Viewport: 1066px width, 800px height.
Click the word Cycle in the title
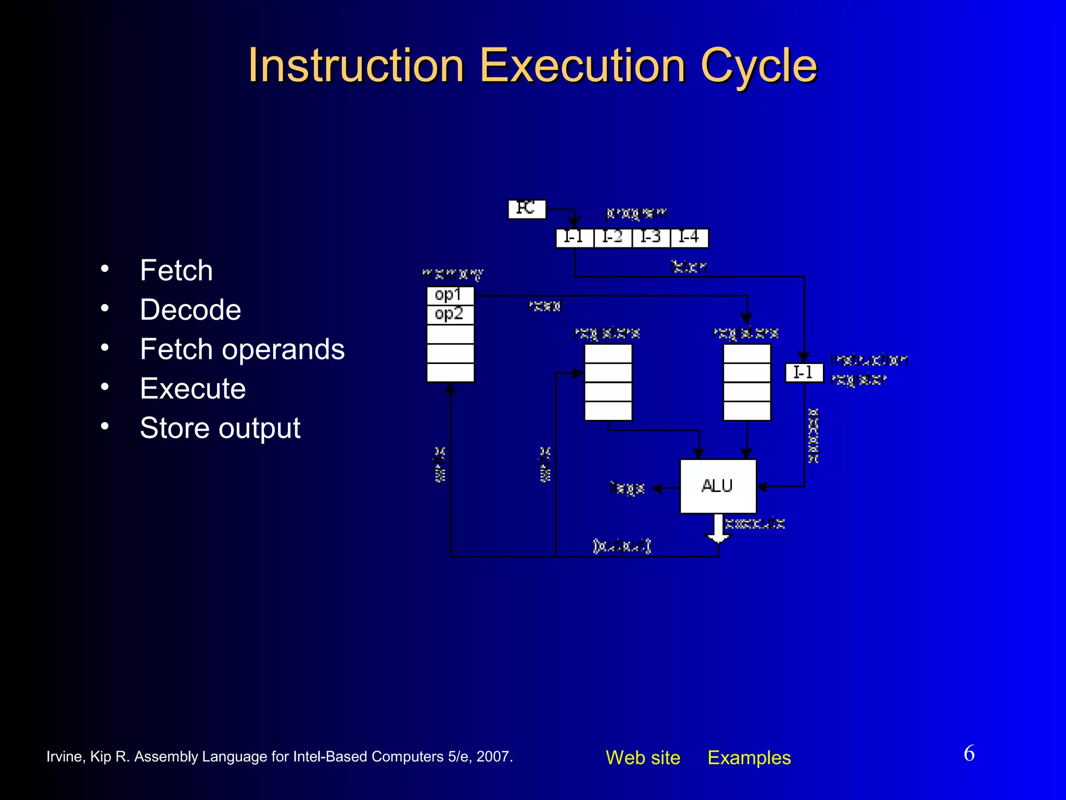point(758,66)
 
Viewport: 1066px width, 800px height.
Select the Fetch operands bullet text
point(242,349)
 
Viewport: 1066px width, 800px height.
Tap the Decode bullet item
point(191,310)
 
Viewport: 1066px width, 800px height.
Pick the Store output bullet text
point(220,428)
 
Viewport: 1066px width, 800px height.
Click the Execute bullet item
point(193,389)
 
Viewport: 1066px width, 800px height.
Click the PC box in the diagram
point(526,209)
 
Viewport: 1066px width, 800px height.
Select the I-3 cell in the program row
point(651,238)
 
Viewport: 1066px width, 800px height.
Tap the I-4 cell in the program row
point(689,238)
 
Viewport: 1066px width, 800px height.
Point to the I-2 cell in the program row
point(613,238)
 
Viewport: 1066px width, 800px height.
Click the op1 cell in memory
point(450,295)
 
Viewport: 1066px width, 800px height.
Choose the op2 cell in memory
point(450,314)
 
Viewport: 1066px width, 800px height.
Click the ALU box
point(718,486)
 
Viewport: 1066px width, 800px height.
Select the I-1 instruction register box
point(804,373)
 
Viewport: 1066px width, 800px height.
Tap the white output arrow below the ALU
point(718,529)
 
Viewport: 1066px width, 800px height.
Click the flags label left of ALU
point(627,488)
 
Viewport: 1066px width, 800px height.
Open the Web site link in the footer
point(643,758)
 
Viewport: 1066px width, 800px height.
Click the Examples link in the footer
point(749,758)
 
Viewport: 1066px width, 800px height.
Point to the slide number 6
point(969,754)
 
